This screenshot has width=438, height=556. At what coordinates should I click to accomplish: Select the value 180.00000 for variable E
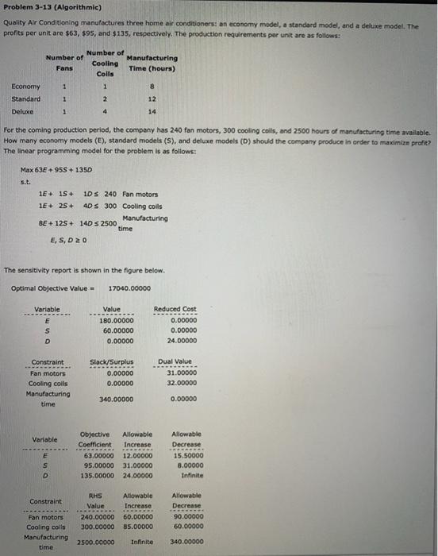pyautogui.click(x=117, y=321)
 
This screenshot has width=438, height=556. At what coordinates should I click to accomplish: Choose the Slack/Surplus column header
pyautogui.click(x=112, y=362)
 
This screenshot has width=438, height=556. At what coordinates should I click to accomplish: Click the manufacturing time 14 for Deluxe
pyautogui.click(x=152, y=112)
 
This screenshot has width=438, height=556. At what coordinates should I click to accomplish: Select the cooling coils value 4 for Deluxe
pyautogui.click(x=106, y=112)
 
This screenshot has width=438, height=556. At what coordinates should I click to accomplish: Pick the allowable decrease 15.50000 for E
pyautogui.click(x=185, y=455)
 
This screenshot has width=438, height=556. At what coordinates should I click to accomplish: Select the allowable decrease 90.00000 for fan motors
pyautogui.click(x=185, y=516)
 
